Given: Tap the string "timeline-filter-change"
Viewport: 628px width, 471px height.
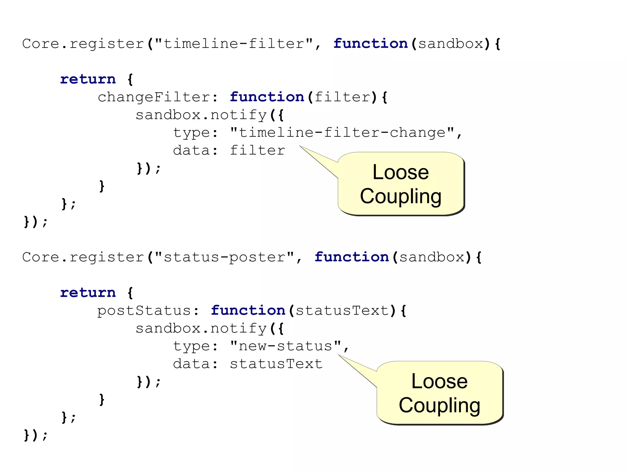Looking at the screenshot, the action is [x=342, y=133].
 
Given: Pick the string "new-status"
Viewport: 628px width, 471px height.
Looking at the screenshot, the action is [x=285, y=346].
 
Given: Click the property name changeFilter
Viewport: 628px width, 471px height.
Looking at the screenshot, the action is [x=154, y=97].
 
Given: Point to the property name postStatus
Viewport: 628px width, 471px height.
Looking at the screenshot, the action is [x=144, y=311].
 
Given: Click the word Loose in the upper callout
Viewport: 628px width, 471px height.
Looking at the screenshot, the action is [x=400, y=172].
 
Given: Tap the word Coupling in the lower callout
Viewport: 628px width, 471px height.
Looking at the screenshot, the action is [x=439, y=406].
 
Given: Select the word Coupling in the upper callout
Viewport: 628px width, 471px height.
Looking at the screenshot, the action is [x=400, y=197].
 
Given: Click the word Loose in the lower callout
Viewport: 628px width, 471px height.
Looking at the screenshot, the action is [x=439, y=381].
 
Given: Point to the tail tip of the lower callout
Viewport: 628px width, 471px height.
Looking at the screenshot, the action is [x=339, y=355].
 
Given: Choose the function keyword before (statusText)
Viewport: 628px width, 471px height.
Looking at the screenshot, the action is [x=248, y=311].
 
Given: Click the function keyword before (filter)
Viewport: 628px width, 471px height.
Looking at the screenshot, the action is [x=267, y=97].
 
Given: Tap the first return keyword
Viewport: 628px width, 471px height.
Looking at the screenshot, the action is [x=88, y=79].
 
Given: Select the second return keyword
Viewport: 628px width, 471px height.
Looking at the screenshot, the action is [x=88, y=293].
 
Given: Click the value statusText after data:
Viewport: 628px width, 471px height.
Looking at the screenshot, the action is [x=276, y=364].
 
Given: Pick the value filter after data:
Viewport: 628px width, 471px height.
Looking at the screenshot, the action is [x=257, y=151].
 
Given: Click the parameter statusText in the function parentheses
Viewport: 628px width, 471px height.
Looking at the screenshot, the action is [x=342, y=311].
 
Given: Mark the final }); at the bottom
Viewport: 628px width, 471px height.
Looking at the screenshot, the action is [x=36, y=435].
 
